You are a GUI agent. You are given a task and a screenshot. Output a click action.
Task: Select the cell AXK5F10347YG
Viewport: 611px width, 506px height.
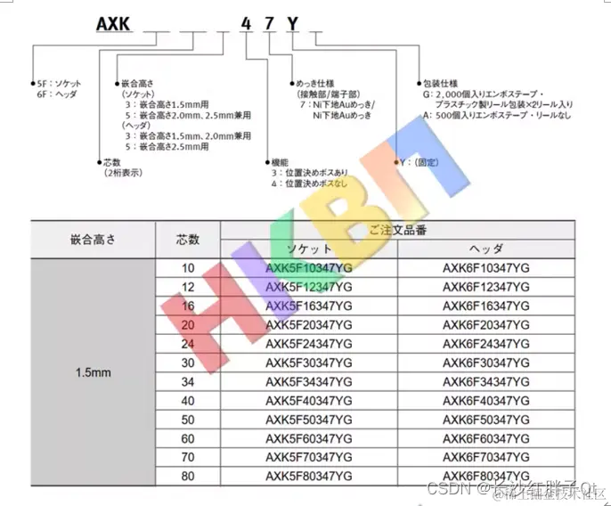[x=309, y=267]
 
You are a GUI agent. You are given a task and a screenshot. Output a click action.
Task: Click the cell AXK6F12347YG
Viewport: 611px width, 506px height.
[x=485, y=286]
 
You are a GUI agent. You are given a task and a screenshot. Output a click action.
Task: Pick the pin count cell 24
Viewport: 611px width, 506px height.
[x=188, y=343]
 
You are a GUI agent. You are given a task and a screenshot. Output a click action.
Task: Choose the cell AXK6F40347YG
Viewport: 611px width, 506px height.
[x=485, y=400]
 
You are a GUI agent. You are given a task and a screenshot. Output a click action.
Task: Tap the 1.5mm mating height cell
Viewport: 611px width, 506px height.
[x=94, y=372]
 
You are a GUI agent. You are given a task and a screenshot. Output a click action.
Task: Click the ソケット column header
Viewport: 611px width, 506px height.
[x=308, y=249]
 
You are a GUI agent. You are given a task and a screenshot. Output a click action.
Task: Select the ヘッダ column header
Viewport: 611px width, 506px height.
[x=485, y=249]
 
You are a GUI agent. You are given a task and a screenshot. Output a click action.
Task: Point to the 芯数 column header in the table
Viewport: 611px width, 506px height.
[x=188, y=239]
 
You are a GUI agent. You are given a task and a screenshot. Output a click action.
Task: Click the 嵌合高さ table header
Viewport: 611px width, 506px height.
[x=94, y=239]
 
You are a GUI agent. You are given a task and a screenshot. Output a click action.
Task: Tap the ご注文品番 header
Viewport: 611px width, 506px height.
[x=397, y=230]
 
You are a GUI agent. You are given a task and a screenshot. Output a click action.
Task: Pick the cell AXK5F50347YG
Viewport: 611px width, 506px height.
[x=309, y=419]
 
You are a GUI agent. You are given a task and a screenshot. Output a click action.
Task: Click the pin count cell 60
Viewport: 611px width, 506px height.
[x=188, y=437]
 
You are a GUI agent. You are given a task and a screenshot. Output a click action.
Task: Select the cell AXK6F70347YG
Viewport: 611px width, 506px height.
[x=485, y=457]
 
